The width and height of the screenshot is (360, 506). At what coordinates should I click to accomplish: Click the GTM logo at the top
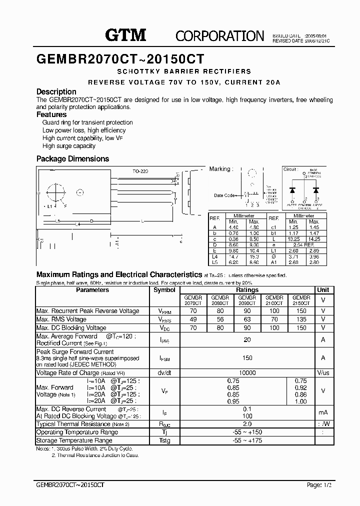coord(125,34)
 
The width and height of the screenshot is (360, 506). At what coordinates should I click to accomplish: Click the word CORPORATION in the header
coord(219,36)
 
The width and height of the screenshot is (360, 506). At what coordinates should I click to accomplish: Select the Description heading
coord(56,92)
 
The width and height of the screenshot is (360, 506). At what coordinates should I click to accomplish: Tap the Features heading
coord(51,114)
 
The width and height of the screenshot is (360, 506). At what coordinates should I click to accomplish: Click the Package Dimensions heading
coord(72,159)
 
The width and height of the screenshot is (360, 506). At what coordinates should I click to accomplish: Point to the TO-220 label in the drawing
coord(140,171)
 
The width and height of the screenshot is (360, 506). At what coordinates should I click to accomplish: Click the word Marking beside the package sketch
coord(219,169)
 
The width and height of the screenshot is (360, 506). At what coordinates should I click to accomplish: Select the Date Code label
coord(224,195)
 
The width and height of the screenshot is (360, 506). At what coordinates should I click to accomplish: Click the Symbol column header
coord(164,290)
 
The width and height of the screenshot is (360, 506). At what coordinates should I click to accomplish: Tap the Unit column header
coord(323,290)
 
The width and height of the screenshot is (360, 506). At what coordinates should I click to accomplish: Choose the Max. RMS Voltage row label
coord(61,319)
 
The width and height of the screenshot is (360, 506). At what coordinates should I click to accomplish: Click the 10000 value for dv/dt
coord(247,373)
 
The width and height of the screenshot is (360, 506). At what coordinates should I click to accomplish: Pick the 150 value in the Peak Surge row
coord(247,358)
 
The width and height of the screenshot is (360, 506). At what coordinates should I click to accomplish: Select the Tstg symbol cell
coord(164,440)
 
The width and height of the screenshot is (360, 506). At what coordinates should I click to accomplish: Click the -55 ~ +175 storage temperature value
coord(247,440)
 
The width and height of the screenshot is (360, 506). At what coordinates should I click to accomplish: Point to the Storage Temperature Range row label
coord(74,440)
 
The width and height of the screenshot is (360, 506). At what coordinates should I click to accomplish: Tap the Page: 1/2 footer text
coord(318,485)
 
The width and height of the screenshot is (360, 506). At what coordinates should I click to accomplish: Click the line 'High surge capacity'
coord(69,146)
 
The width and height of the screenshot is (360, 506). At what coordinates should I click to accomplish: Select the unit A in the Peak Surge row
coord(323,358)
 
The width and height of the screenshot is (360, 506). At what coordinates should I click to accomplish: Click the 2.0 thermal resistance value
coord(247,424)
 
